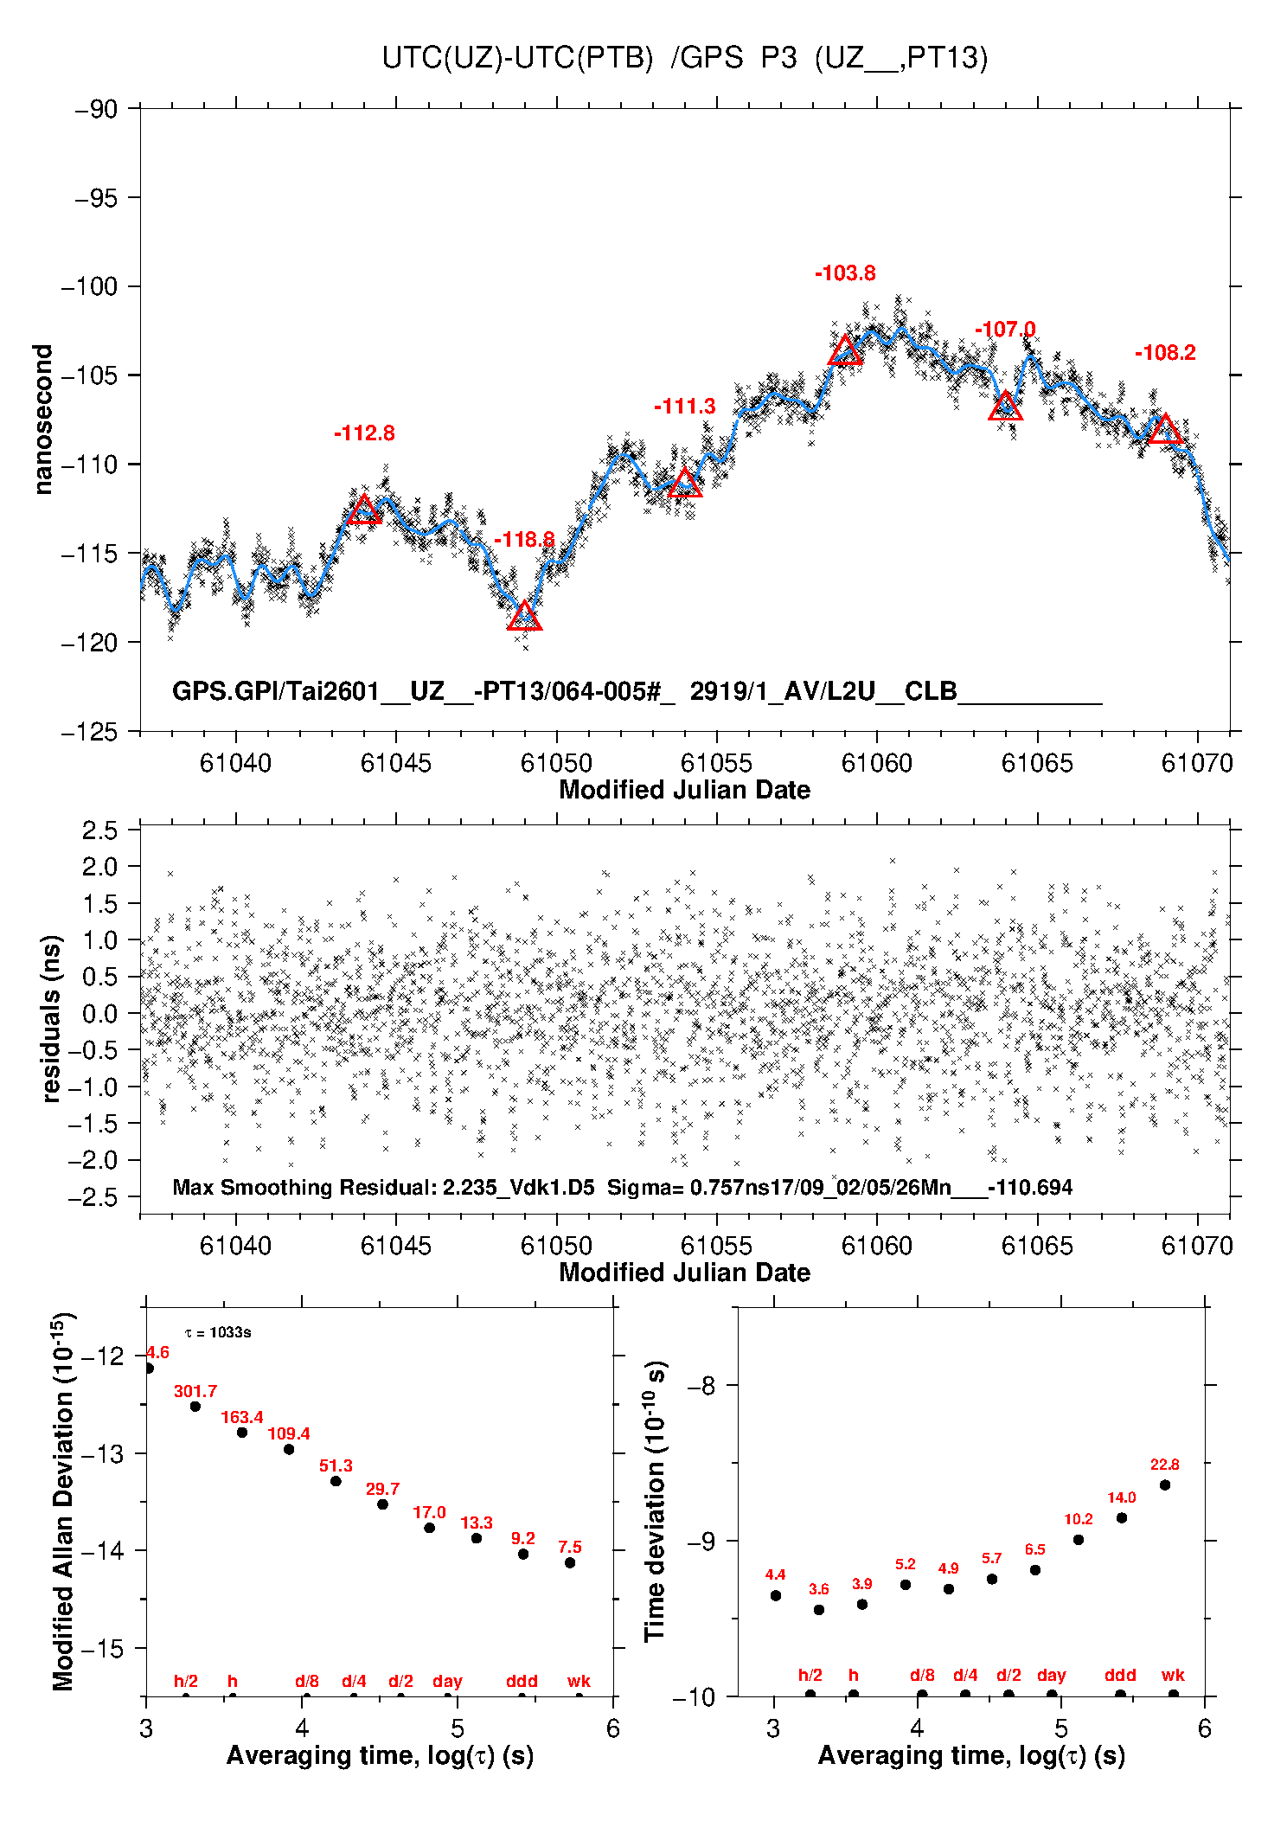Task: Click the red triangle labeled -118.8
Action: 524,617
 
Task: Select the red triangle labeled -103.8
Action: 845,351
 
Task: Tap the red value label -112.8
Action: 364,433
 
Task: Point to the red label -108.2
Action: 1165,353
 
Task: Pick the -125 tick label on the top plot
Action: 88,732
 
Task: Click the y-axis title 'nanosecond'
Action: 42,420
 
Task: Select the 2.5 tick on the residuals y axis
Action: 99,830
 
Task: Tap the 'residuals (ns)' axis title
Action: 52,1018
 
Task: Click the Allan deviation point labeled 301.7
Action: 195,1407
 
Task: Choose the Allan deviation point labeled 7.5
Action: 570,1563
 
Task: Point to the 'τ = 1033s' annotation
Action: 218,1332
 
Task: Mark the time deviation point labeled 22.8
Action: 1165,1485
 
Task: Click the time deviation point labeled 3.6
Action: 819,1610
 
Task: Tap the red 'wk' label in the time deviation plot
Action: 1173,1676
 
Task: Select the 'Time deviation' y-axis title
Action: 656,1502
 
